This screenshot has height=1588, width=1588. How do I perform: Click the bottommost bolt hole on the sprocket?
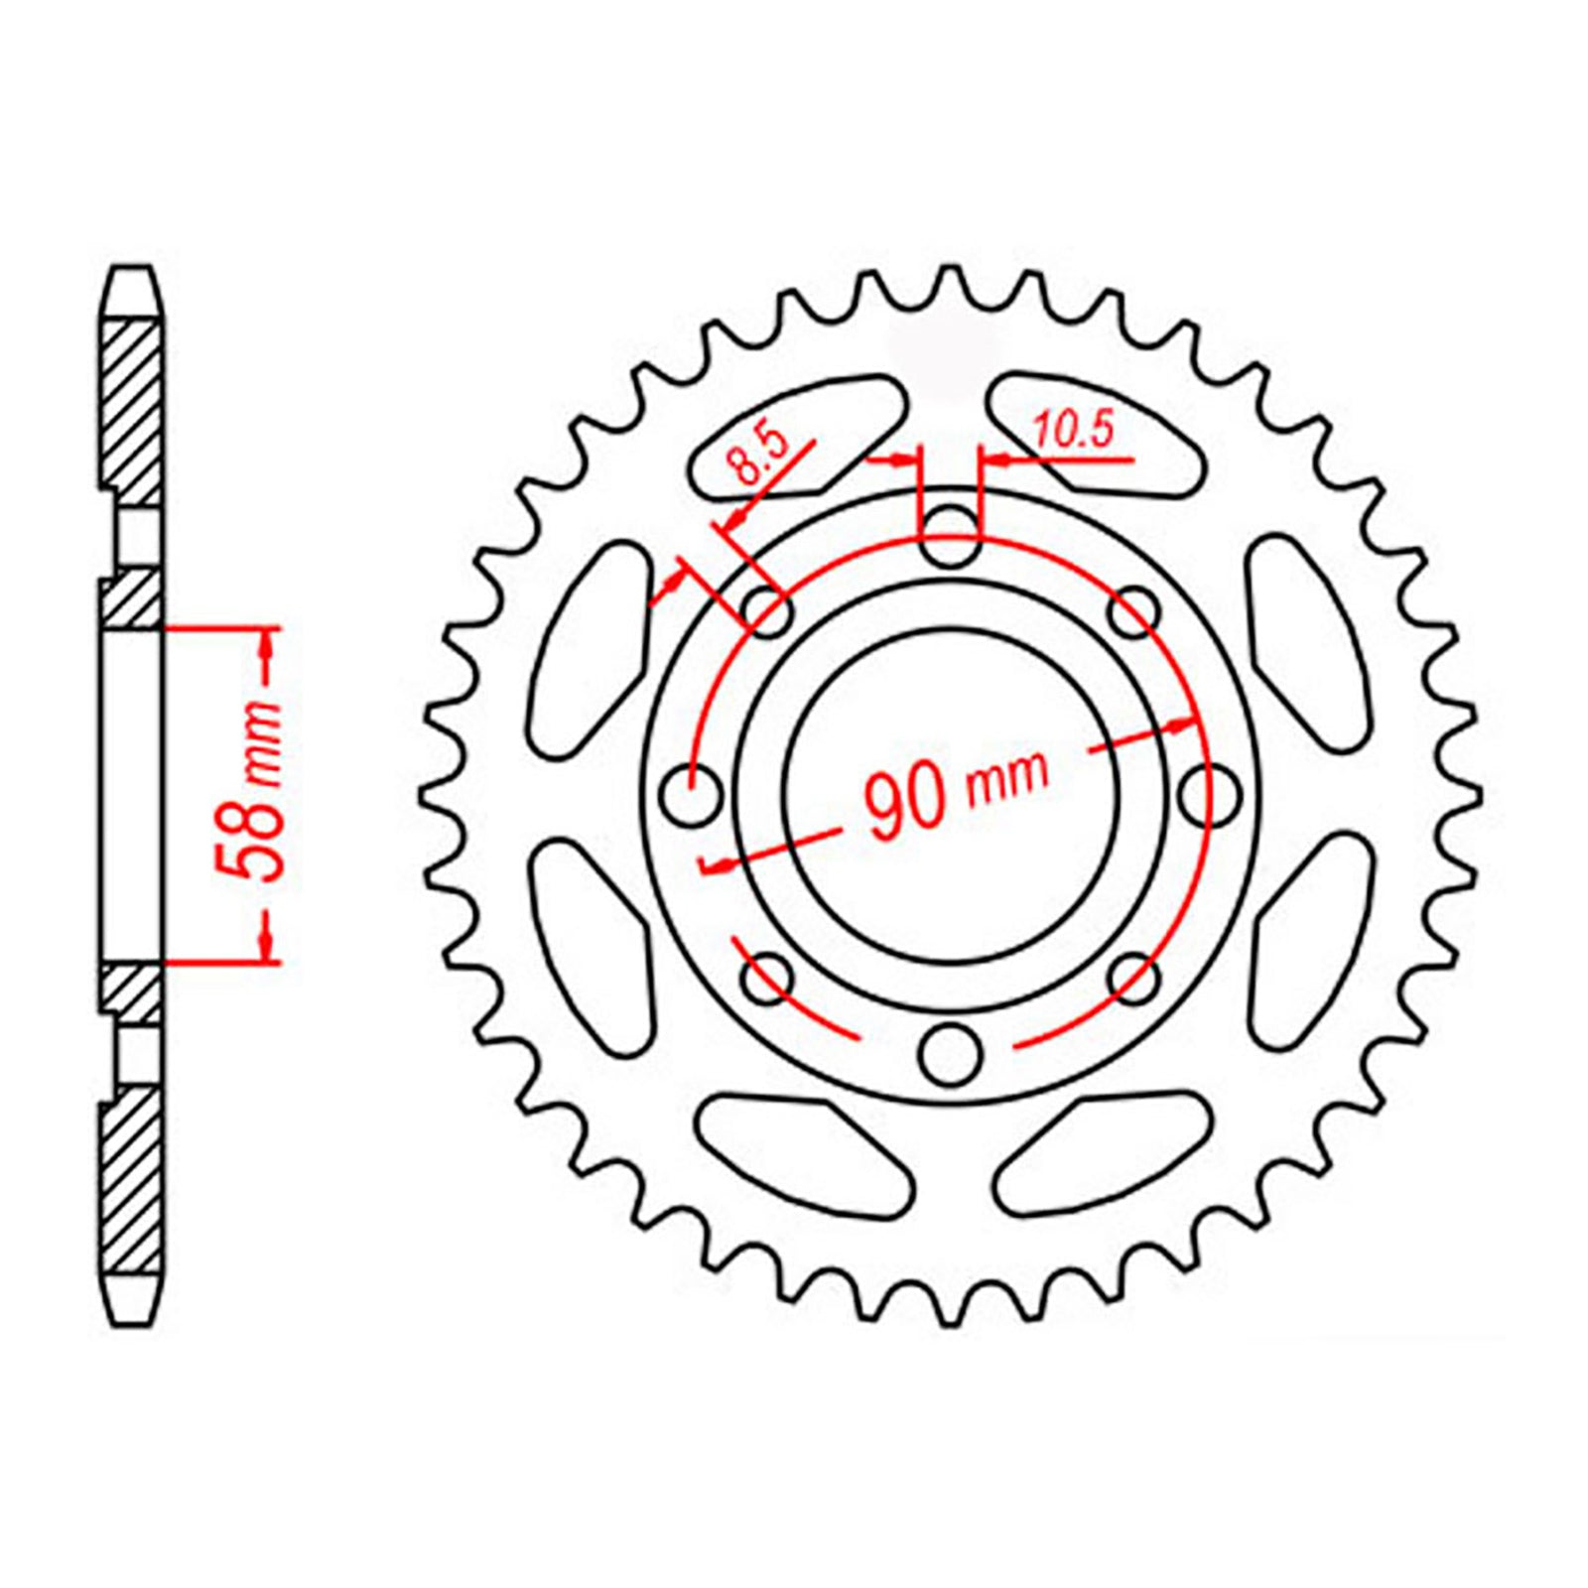pos(950,1054)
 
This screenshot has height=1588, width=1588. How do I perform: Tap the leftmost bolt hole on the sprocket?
pos(691,795)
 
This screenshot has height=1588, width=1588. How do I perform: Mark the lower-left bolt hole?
pos(767,978)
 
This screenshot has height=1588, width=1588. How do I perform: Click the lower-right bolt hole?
pos(1133,978)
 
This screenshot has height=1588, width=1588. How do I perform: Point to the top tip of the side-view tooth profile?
pos(132,270)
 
